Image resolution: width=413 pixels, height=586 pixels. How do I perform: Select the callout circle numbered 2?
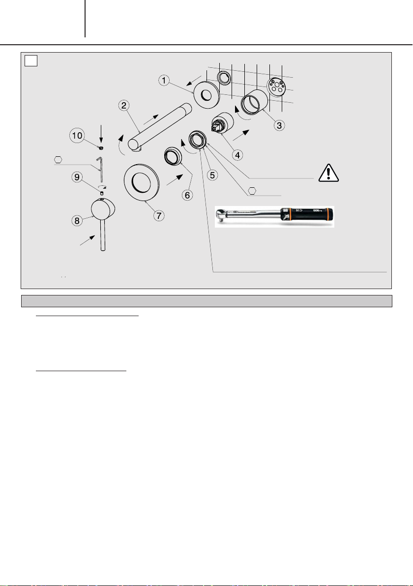click(124, 105)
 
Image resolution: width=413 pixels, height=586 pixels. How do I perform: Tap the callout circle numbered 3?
click(279, 125)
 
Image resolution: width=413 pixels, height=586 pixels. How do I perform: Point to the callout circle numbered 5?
click(212, 175)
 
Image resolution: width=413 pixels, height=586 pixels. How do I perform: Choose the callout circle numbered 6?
click(187, 195)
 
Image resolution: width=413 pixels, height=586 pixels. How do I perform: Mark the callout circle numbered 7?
click(158, 215)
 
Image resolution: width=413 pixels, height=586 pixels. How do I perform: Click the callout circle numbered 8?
click(77, 221)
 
